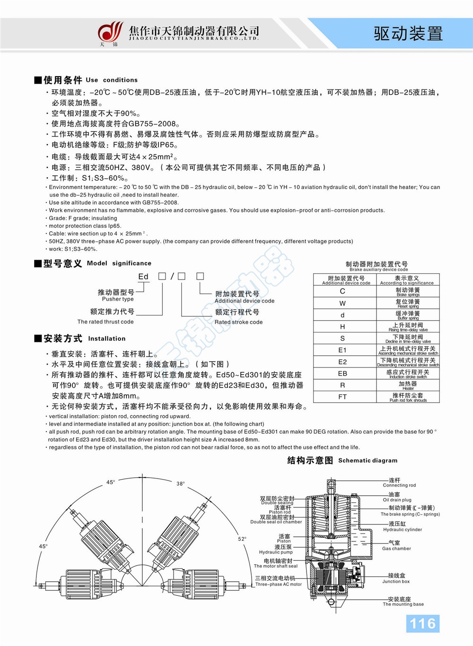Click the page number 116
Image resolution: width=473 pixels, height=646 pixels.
(x=422, y=623)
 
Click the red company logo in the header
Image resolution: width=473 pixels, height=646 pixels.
(x=110, y=33)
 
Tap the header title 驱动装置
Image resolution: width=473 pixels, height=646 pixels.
(x=408, y=33)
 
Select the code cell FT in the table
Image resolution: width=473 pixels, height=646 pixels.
(x=342, y=397)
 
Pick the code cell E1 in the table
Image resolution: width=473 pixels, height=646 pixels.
(x=342, y=350)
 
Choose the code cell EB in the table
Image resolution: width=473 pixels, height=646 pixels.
(x=342, y=374)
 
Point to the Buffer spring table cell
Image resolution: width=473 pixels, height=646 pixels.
(x=408, y=315)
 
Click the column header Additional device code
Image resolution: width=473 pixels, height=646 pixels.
(x=346, y=280)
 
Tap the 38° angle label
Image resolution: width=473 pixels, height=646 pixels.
(x=181, y=484)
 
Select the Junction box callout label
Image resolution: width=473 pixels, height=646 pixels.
(x=396, y=578)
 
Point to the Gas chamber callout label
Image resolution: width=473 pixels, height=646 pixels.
(x=396, y=546)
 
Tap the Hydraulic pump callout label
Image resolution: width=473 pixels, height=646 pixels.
(x=277, y=550)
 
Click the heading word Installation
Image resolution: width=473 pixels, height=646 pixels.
(x=107, y=339)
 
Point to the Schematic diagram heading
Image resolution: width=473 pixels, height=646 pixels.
(x=342, y=460)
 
